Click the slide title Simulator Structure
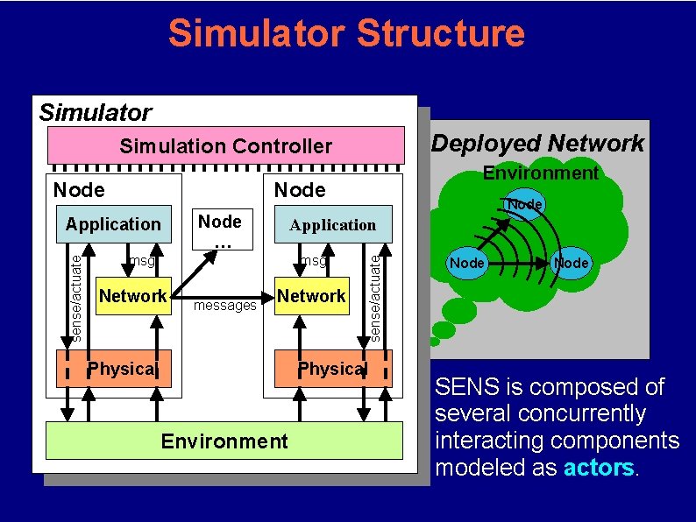pos(346,33)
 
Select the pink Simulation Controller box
pos(225,146)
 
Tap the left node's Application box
pos(113,224)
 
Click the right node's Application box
pos(332,225)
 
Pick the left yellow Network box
pos(132,296)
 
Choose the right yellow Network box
pos(311,296)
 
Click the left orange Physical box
pos(122,369)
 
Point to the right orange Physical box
pos(330,369)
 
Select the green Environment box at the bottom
pos(224,441)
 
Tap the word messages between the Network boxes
pos(224,306)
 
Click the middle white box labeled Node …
pos(219,228)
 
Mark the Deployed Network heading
pos(537,144)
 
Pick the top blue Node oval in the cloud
pos(525,204)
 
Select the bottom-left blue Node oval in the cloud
pos(466,263)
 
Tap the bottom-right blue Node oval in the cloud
pos(572,263)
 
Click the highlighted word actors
pos(598,467)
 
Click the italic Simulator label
pos(95,112)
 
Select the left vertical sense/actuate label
pos(76,294)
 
